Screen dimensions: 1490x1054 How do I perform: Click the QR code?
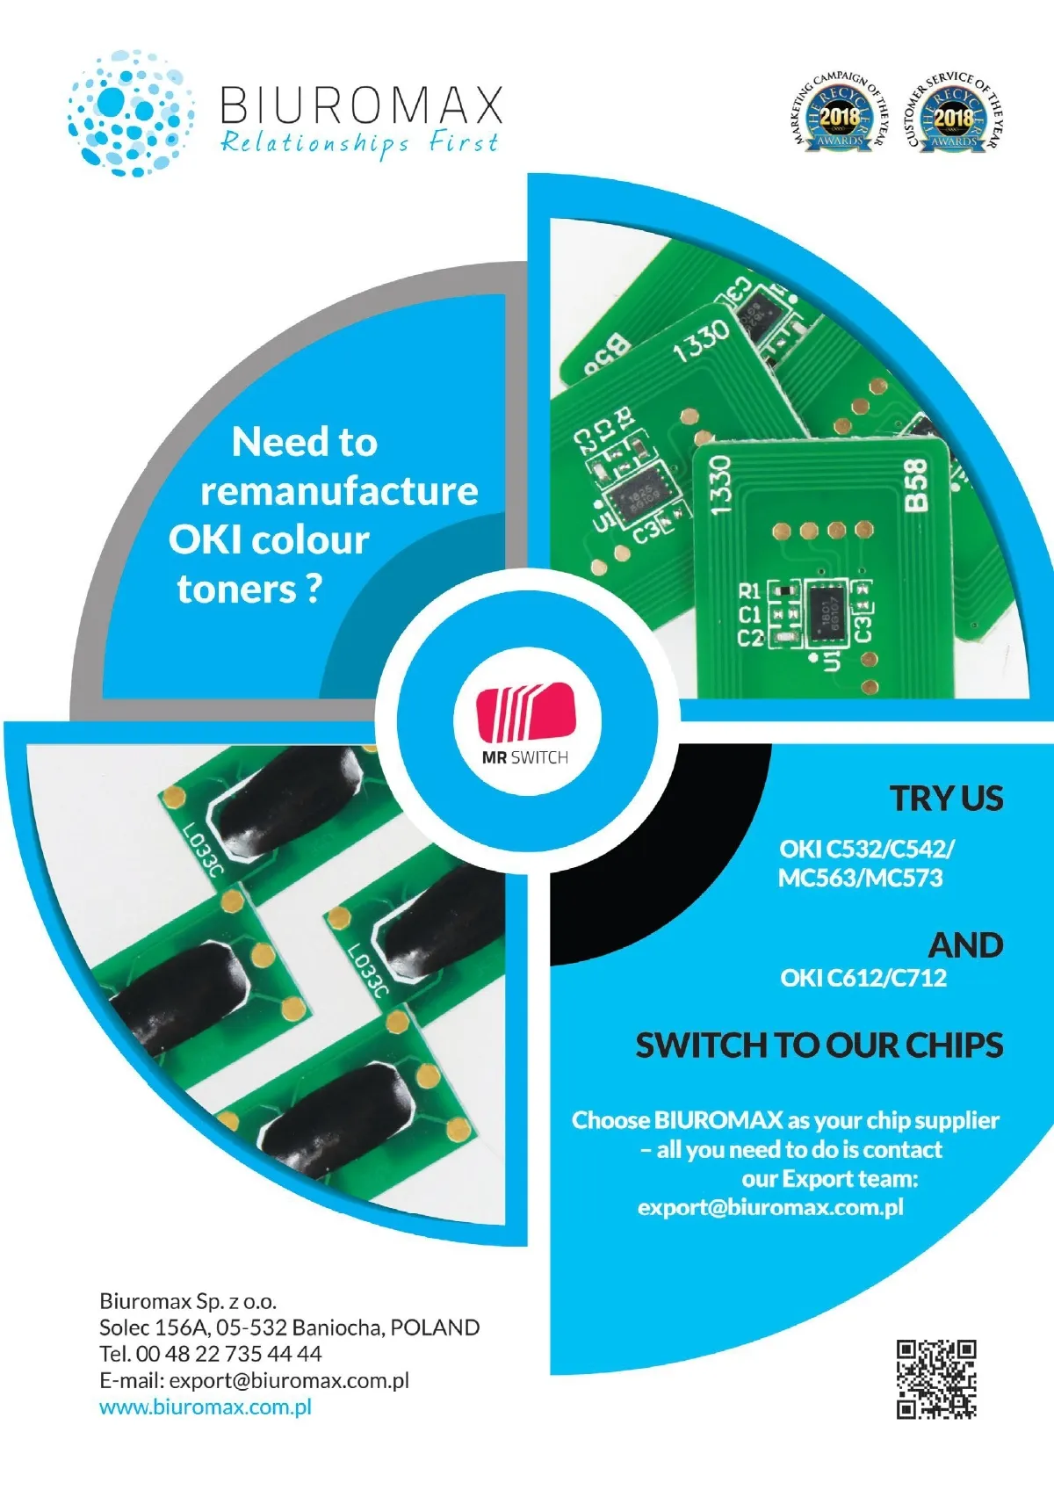[x=936, y=1378]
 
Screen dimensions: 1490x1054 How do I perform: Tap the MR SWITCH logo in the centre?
[x=525, y=722]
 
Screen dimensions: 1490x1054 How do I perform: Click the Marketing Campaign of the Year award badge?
[x=840, y=114]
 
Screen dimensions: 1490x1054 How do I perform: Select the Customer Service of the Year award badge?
[x=953, y=114]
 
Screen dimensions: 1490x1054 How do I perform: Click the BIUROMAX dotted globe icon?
[x=131, y=112]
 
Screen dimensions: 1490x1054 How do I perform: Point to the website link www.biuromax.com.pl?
[x=206, y=1407]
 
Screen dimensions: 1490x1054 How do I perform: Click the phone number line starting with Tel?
[x=211, y=1354]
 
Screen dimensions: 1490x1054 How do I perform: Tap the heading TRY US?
[x=946, y=799]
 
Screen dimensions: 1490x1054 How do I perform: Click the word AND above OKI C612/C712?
[x=965, y=945]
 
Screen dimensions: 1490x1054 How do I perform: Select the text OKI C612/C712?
[x=863, y=978]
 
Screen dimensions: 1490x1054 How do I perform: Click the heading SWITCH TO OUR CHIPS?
[x=819, y=1045]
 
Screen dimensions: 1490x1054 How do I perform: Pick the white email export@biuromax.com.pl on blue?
[x=770, y=1207]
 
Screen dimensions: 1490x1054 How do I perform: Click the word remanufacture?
[x=339, y=491]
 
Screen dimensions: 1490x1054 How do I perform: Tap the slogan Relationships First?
[x=359, y=142]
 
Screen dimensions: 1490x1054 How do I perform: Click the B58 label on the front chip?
[x=915, y=484]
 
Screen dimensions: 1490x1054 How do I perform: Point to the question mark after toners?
[x=314, y=589]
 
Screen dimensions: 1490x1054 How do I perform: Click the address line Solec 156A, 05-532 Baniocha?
[x=289, y=1327]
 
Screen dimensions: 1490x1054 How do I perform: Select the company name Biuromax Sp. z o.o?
[x=188, y=1301]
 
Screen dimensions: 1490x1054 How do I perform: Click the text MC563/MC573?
[x=860, y=878]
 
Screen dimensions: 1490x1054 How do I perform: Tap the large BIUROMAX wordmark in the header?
[x=361, y=105]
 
